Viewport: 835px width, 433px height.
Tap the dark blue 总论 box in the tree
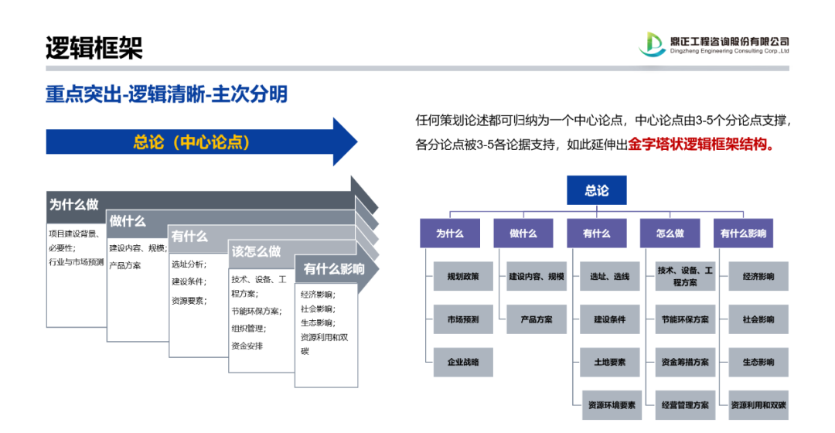pos(596,190)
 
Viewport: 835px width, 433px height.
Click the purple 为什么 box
pos(449,233)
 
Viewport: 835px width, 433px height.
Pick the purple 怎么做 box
pos(670,233)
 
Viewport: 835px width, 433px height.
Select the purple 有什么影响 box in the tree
pos(743,233)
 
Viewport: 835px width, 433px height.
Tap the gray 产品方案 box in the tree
pos(537,319)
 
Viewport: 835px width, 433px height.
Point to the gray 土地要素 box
pos(610,362)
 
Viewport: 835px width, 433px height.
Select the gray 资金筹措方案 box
pos(685,362)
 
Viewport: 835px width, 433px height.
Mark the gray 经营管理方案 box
pos(685,404)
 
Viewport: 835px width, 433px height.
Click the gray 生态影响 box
pos(758,362)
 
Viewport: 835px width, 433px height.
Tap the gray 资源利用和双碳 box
pos(758,404)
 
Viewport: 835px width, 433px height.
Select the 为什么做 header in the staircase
pos(74,205)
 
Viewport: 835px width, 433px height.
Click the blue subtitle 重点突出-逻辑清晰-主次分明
pos(166,94)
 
